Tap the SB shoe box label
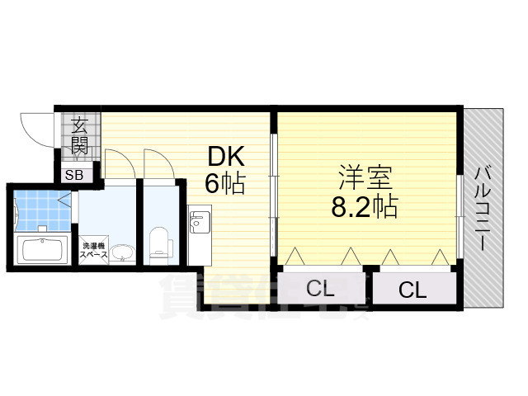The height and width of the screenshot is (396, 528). [x=74, y=175]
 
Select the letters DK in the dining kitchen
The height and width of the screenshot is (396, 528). [x=224, y=157]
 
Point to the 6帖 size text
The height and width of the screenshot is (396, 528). [x=224, y=183]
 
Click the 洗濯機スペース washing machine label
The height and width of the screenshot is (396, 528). [x=93, y=251]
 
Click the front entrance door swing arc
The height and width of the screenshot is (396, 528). [x=37, y=130]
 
